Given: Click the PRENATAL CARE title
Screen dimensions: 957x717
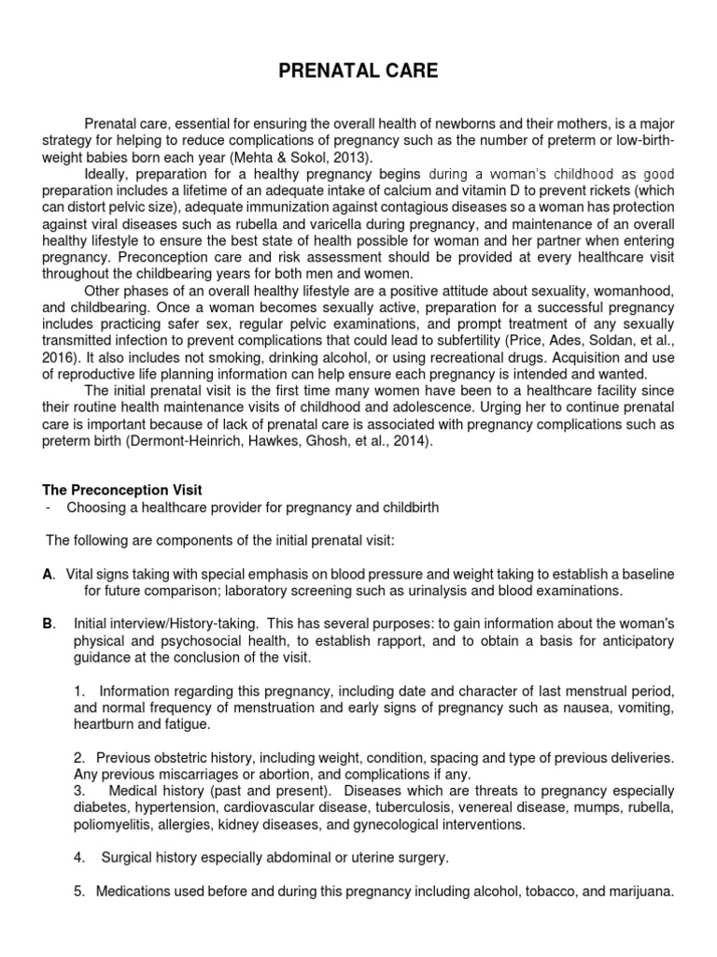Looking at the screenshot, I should point(358,71).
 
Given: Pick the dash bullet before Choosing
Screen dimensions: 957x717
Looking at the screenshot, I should point(48,507).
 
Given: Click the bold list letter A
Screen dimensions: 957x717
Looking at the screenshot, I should point(49,573).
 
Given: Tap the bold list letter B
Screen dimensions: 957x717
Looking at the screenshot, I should point(49,623).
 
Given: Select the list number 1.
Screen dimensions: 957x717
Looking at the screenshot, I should point(79,690).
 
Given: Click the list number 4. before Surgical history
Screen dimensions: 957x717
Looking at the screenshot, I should point(81,858).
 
